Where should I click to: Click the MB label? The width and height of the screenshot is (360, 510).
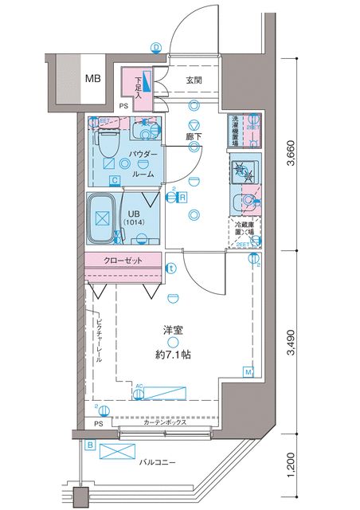tap(93, 80)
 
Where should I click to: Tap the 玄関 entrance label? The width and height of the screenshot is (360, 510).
tap(194, 80)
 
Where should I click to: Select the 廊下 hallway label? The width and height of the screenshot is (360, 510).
tap(194, 137)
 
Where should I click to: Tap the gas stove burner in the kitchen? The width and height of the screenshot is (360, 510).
tap(240, 170)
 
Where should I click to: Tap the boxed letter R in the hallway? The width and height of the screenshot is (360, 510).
tap(182, 198)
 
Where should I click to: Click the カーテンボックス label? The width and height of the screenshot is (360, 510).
tap(165, 423)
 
